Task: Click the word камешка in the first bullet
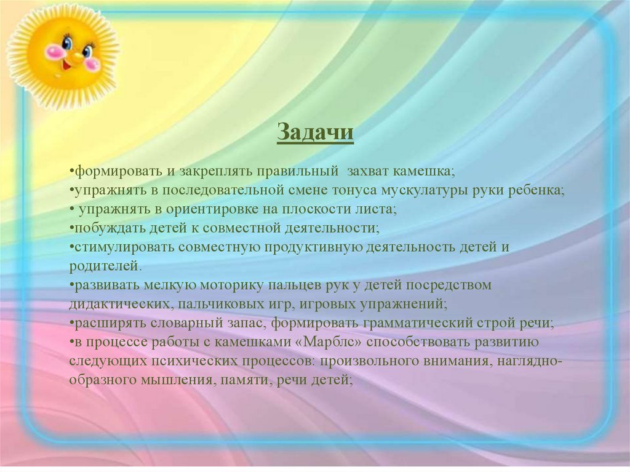pyautogui.click(x=423, y=172)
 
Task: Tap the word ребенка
pyautogui.click(x=536, y=190)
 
